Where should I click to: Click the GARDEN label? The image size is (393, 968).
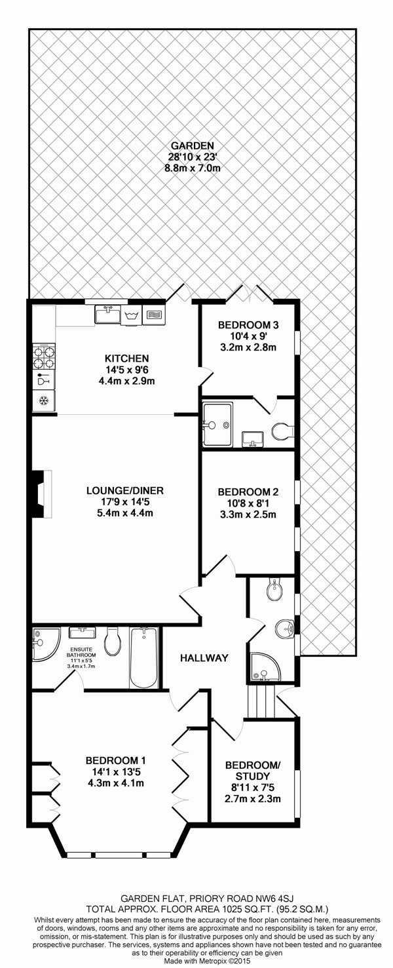pos(192,145)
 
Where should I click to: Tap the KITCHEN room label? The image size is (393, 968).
pos(127,358)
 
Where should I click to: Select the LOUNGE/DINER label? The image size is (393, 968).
pos(125,490)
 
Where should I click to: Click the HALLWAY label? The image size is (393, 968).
pos(204,658)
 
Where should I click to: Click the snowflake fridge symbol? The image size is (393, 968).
pos(44,401)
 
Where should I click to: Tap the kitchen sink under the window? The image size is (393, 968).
pos(107,314)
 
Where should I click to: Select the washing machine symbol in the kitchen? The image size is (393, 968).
pos(132,316)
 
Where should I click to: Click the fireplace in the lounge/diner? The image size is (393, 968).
pos(41,494)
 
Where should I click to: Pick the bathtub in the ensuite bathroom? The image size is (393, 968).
pos(144,658)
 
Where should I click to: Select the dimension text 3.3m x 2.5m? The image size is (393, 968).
pos(248,514)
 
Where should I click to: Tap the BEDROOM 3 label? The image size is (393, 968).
pos(248,324)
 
